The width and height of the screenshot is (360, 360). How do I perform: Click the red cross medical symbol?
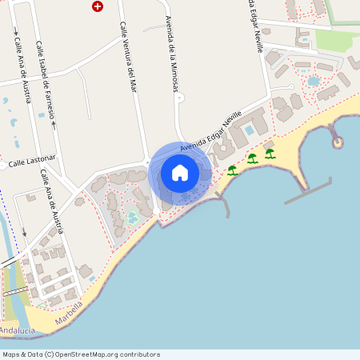tap(98, 6)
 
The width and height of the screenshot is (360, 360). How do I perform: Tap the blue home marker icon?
tap(180, 173)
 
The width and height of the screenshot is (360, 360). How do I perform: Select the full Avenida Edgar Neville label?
tap(210, 134)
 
